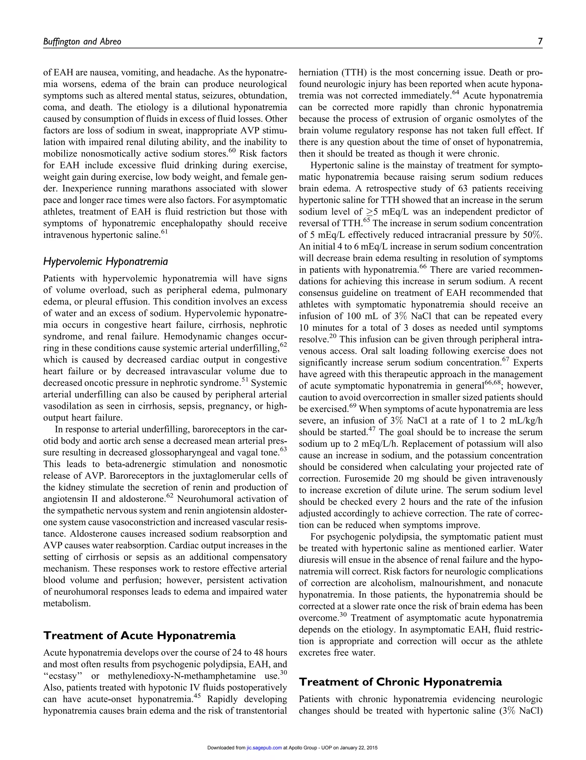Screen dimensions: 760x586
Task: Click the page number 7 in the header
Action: (540, 41)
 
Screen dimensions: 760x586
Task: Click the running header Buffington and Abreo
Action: (82, 42)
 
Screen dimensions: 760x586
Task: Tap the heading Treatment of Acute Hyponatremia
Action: (139, 636)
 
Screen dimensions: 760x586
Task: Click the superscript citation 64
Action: (455, 93)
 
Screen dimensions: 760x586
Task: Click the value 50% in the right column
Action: (533, 235)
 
